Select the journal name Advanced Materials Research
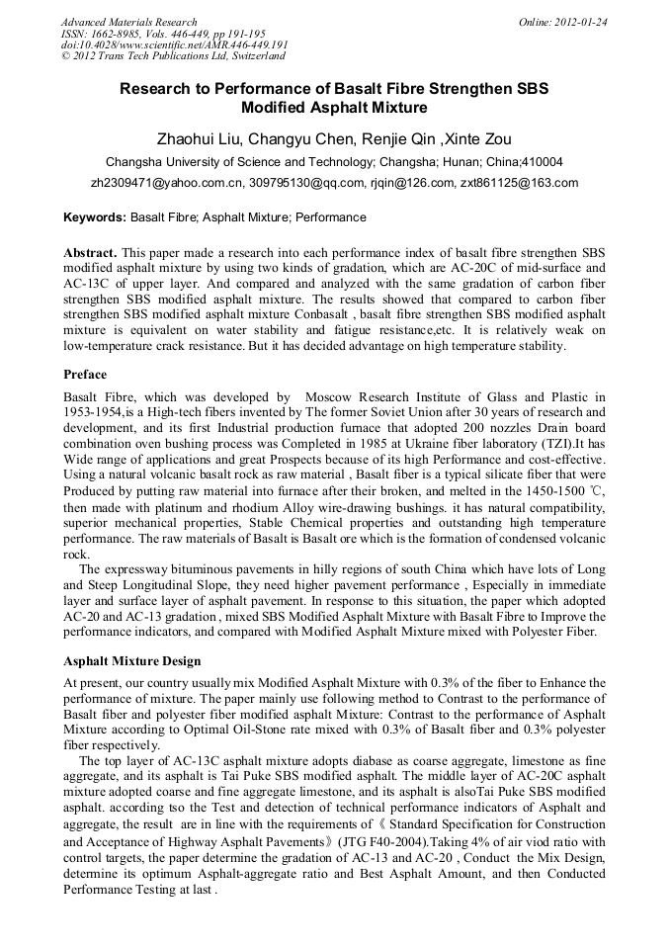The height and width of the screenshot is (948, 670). click(128, 21)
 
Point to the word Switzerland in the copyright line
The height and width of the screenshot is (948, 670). click(252, 56)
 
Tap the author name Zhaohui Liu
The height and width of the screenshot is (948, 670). click(197, 138)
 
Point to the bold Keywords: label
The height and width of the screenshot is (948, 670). click(95, 216)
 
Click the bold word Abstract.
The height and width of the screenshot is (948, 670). click(91, 252)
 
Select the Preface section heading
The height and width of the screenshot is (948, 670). click(85, 375)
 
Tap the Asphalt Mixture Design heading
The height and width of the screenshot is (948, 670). click(131, 660)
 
